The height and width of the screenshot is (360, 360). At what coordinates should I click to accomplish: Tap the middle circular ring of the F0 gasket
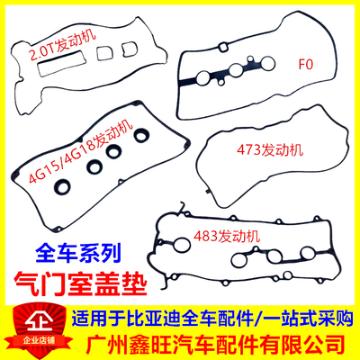(x=235, y=71)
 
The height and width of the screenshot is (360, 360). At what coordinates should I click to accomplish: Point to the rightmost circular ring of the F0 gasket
(x=261, y=65)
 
